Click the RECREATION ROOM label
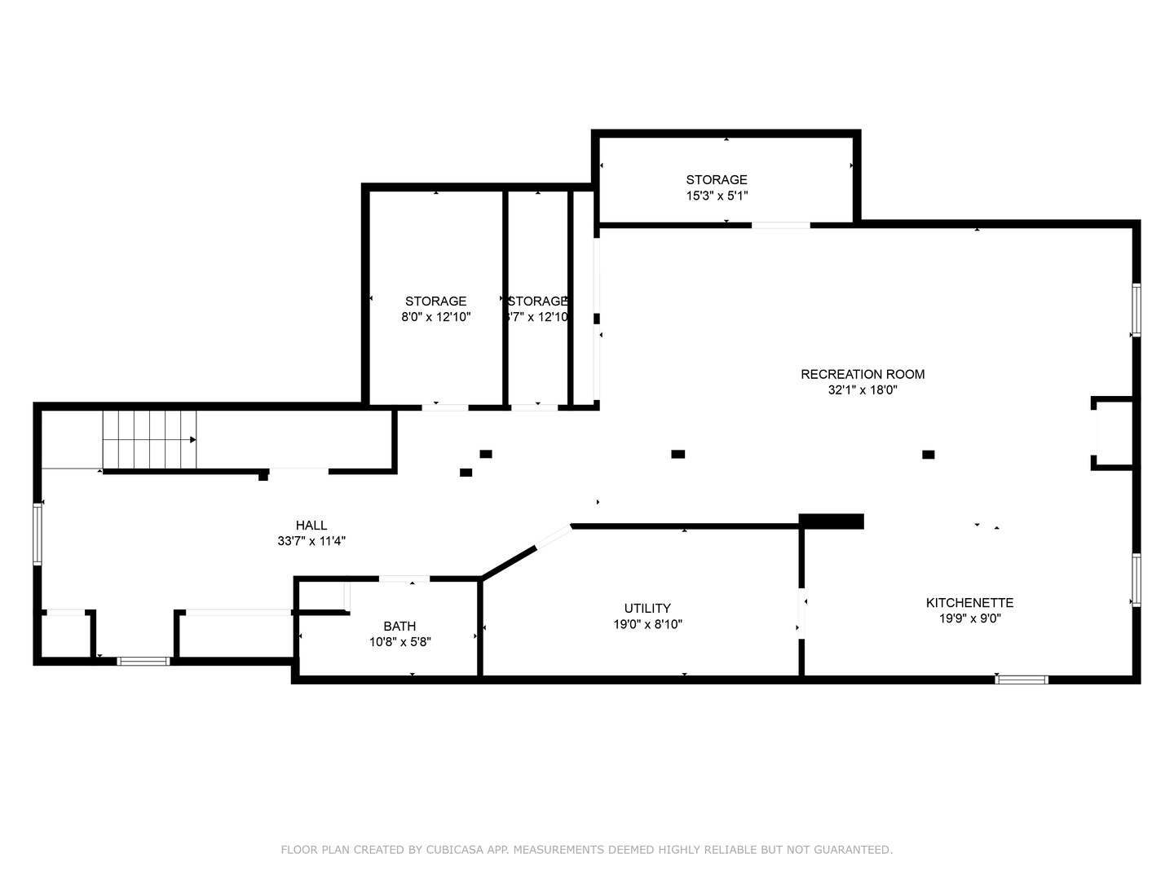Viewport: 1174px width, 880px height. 863,374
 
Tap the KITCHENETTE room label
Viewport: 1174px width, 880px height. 969,602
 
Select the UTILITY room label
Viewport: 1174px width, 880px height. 647,608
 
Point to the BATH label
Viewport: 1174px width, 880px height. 399,626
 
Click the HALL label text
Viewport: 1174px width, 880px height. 311,526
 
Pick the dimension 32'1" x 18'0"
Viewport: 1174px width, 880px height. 863,390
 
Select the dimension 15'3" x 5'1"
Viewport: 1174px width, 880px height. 717,196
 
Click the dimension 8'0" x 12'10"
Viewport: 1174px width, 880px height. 435,317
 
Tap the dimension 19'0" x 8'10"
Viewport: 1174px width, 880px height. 647,624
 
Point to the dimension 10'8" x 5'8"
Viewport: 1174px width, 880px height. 399,642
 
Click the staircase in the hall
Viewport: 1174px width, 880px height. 149,440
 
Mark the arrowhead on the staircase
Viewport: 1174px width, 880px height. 193,440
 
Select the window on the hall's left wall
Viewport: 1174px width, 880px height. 37,534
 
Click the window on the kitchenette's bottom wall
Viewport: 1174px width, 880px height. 1022,679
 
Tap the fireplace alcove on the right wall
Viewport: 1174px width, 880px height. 1112,433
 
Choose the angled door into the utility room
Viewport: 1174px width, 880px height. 553,538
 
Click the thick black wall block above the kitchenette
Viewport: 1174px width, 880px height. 831,521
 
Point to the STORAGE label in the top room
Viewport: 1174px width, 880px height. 717,179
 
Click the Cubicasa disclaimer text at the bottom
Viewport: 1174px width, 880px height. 586,850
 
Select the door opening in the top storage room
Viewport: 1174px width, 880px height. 780,224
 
